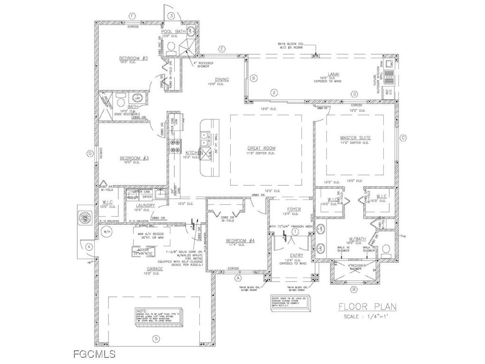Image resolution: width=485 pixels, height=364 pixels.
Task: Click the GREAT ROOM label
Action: point(261,148)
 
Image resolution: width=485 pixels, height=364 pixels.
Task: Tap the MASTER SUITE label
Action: point(355,138)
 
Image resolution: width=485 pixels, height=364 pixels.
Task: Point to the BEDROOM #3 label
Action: point(134,158)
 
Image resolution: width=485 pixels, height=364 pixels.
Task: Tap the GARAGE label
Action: point(154,269)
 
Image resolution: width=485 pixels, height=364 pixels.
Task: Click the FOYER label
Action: point(294,209)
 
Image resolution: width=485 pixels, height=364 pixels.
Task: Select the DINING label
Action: point(222,79)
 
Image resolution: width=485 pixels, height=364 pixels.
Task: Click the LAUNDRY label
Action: point(145,205)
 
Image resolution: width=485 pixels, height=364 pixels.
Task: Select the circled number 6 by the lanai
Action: point(253,78)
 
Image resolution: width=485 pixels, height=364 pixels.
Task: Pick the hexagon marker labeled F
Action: point(132,16)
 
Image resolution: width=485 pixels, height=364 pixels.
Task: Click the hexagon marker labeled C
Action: point(403,138)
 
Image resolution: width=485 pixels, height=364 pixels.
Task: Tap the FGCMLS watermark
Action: point(94,354)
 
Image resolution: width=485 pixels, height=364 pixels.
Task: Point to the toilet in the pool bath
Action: point(171,47)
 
